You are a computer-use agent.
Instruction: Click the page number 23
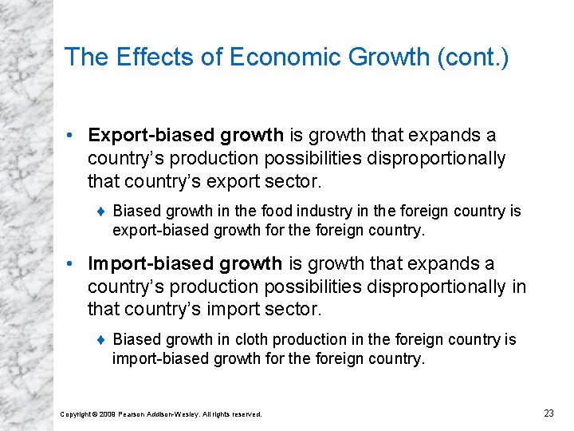point(548,413)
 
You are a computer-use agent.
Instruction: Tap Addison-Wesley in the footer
point(179,414)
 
